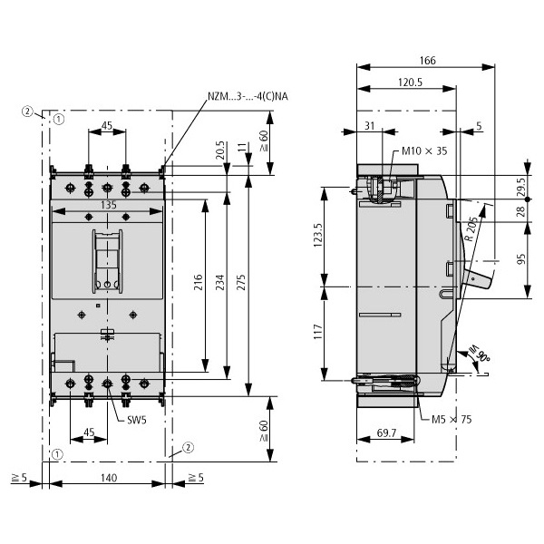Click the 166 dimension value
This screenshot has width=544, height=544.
pyautogui.click(x=427, y=61)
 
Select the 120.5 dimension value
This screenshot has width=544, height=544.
pyautogui.click(x=410, y=83)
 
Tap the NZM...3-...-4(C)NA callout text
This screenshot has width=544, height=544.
pyautogui.click(x=248, y=96)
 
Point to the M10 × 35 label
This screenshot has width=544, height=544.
pyautogui.click(x=424, y=151)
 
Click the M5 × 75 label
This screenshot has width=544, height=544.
pyautogui.click(x=452, y=420)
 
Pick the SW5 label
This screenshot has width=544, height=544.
pyautogui.click(x=137, y=420)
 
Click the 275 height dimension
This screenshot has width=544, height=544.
pyautogui.click(x=241, y=282)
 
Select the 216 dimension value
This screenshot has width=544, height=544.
pyautogui.click(x=198, y=282)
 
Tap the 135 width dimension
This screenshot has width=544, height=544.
pyautogui.click(x=109, y=206)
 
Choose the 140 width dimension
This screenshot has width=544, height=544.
pyautogui.click(x=109, y=478)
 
